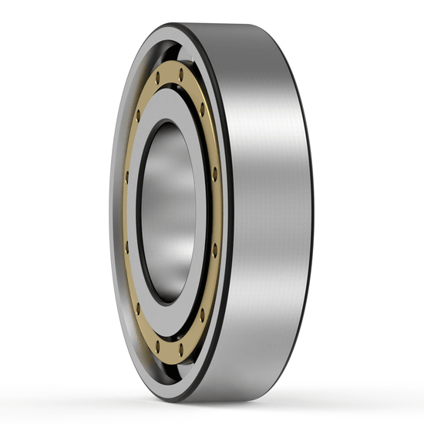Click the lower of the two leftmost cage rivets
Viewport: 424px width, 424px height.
click(127, 247)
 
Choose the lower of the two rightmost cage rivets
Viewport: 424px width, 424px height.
click(214, 247)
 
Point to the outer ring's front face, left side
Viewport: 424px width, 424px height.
click(116, 212)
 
